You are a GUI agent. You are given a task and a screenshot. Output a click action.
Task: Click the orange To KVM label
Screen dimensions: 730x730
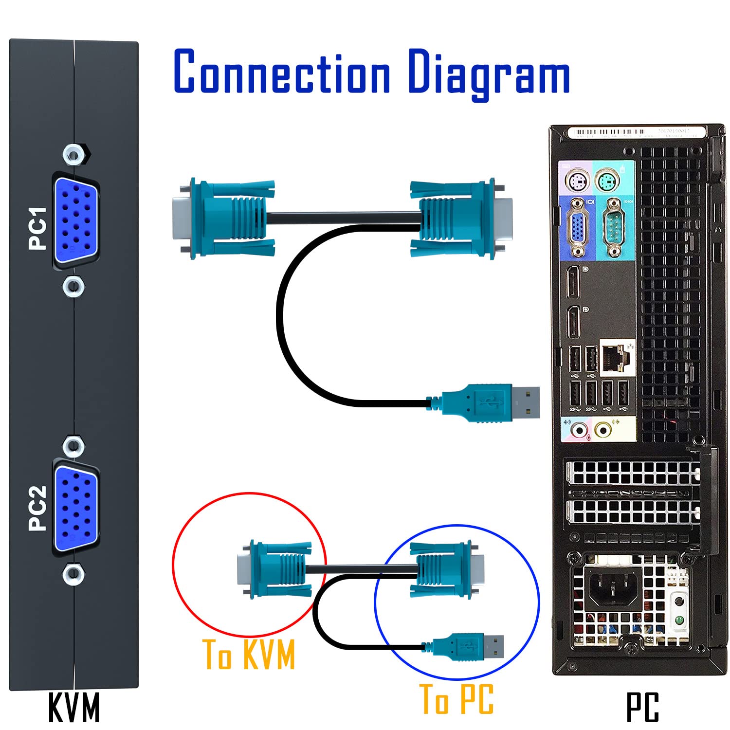(x=249, y=655)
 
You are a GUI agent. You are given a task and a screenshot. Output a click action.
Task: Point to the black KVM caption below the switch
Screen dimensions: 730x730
(x=74, y=708)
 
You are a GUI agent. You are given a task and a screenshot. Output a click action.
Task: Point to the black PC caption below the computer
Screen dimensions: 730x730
(x=642, y=708)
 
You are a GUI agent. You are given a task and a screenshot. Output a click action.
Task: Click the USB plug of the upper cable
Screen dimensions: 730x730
(x=492, y=402)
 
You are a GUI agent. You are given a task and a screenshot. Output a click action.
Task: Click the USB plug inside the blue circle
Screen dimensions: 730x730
(x=469, y=646)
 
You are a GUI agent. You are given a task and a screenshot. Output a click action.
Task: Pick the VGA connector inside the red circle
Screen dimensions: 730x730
(x=273, y=568)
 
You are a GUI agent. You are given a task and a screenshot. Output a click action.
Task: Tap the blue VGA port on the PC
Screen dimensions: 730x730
(x=578, y=227)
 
